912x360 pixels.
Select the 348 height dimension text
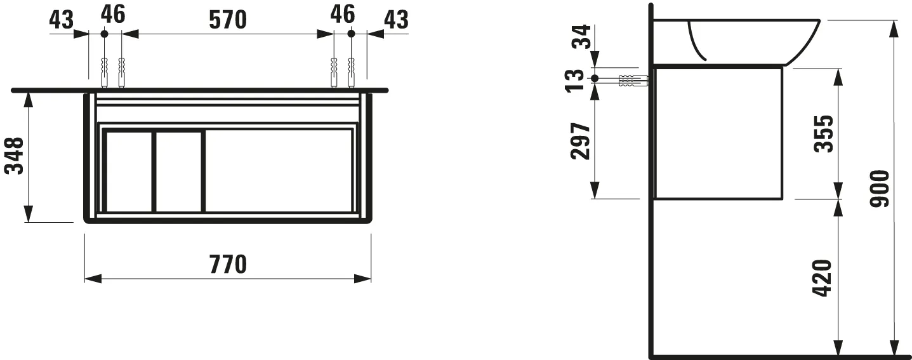point(15,156)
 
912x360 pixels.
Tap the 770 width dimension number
point(228,263)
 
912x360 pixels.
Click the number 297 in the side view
point(581,141)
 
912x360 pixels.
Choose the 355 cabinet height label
point(824,133)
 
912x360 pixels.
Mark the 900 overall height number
point(878,189)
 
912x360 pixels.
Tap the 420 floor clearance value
point(824,277)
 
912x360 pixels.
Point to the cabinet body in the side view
point(718,133)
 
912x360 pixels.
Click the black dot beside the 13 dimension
point(595,79)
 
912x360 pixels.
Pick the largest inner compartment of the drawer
point(279,170)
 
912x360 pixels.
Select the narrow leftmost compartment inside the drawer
point(129,171)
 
